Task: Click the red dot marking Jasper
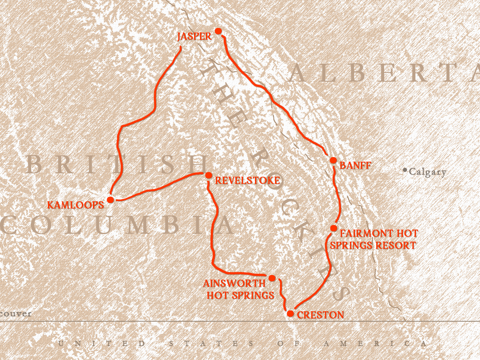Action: [218, 31]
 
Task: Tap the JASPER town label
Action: [194, 37]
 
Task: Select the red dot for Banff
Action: [333, 160]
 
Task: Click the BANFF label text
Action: [355, 166]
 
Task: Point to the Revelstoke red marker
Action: [209, 175]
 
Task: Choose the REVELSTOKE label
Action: [247, 180]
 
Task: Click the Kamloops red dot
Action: [110, 200]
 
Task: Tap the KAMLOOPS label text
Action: [75, 205]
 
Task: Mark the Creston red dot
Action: [290, 314]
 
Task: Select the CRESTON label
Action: [320, 315]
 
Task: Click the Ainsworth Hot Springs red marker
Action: [272, 278]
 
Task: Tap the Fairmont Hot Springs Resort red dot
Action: [333, 228]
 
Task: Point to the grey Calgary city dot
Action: [405, 170]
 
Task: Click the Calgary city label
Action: [427, 172]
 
